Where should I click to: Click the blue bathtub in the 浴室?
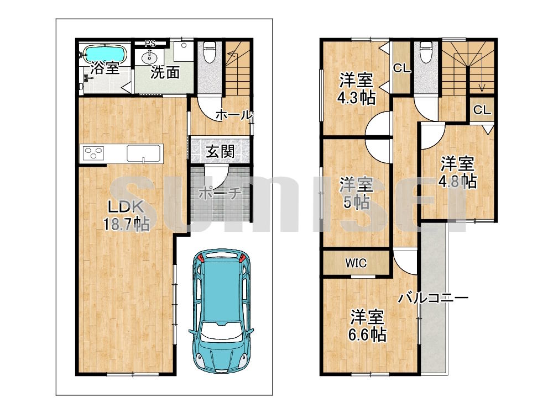click(x=105, y=54)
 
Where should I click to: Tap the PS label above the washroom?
click(x=150, y=44)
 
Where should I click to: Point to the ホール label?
click(x=234, y=115)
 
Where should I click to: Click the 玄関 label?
click(x=220, y=152)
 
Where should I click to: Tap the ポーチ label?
click(x=220, y=193)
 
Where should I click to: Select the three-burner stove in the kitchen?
click(x=93, y=153)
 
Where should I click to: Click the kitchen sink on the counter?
click(x=144, y=153)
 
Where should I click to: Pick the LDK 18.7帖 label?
click(x=126, y=215)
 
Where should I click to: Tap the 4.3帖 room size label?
click(x=356, y=98)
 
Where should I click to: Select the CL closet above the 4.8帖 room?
click(x=482, y=110)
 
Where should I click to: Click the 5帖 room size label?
click(x=357, y=203)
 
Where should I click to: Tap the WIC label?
click(x=356, y=263)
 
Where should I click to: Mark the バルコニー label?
click(x=434, y=299)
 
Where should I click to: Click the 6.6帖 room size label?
click(x=367, y=334)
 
